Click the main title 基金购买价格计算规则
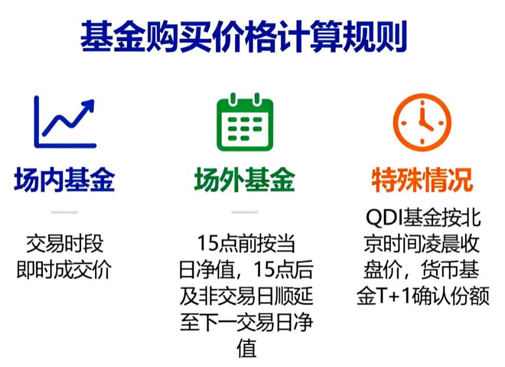[x=243, y=37]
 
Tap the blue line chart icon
[x=64, y=122]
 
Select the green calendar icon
[x=244, y=122]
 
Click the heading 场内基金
[x=64, y=180]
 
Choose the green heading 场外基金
[x=244, y=180]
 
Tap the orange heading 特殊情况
[x=422, y=180]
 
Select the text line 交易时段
[x=64, y=244]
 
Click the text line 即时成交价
[x=64, y=269]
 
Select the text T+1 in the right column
[x=394, y=296]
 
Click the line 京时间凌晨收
[x=422, y=244]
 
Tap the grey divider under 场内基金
[x=64, y=212]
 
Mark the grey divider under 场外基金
[x=244, y=212]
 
